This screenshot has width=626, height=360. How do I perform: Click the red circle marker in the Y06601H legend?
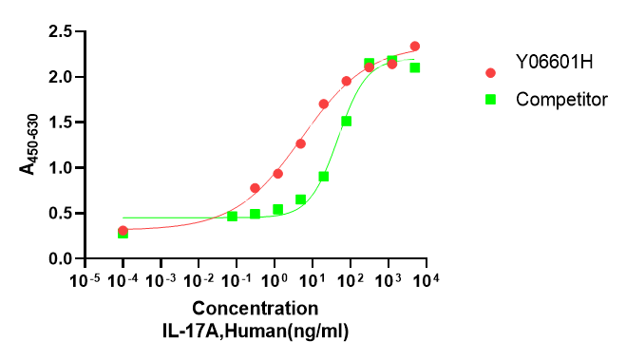(x=491, y=73)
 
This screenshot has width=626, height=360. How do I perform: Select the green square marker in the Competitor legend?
(x=491, y=98)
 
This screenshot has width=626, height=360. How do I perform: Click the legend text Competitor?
(x=561, y=98)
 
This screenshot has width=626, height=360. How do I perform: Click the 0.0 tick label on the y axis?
(x=63, y=259)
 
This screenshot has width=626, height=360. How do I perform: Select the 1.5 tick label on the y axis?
(x=63, y=123)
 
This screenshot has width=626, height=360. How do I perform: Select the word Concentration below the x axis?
(x=256, y=309)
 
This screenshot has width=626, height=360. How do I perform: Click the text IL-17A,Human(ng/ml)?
(x=256, y=329)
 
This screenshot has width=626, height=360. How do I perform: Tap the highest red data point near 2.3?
(x=415, y=46)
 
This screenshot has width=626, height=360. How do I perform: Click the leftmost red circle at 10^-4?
(x=123, y=231)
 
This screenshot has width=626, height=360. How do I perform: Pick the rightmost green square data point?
(x=415, y=67)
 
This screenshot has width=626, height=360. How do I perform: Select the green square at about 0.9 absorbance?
(x=324, y=177)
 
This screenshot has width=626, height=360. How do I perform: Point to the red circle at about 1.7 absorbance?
(x=324, y=104)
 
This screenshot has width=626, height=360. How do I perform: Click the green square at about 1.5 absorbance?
(x=347, y=121)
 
